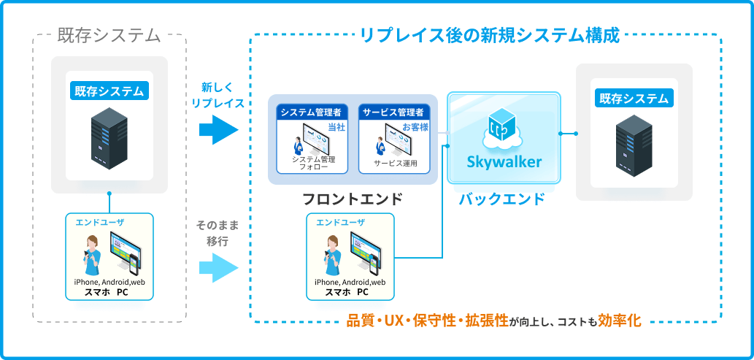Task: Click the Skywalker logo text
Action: (504, 161)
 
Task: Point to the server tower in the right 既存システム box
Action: (634, 146)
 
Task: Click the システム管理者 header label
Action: (311, 112)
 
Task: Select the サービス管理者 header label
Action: (393, 112)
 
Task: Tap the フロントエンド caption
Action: (353, 199)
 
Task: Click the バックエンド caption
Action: (501, 199)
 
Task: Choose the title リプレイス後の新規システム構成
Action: (489, 34)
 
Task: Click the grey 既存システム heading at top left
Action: (109, 34)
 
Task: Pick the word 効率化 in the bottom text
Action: (619, 321)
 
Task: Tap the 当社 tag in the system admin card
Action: (336, 127)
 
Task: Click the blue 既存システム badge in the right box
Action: (634, 98)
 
